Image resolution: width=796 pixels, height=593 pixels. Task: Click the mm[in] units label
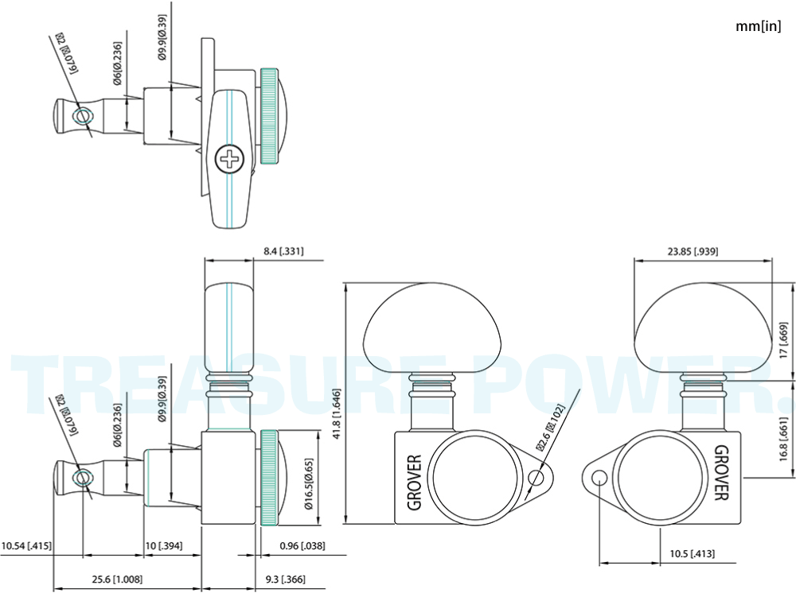point(759,26)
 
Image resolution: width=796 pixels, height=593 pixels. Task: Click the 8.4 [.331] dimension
point(284,251)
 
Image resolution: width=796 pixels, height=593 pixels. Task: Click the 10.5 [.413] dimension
point(692,553)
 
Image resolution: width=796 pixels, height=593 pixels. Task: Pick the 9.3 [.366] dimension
point(286,579)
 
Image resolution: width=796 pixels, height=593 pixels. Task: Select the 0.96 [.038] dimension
point(302,546)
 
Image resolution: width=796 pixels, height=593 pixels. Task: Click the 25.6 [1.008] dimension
point(117,579)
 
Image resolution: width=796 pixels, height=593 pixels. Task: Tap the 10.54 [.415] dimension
point(26,546)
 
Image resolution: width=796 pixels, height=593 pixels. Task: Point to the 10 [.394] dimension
point(164,546)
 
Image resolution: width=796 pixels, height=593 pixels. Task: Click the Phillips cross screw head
point(229,159)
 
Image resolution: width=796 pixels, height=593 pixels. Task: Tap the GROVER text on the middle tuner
point(414,482)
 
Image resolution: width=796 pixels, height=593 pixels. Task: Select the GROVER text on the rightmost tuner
point(721,472)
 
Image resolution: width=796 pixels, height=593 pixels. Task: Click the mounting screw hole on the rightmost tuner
point(599,477)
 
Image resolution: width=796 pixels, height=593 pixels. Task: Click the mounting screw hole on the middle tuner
point(536,477)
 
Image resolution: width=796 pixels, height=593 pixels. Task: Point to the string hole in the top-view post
point(82,116)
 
